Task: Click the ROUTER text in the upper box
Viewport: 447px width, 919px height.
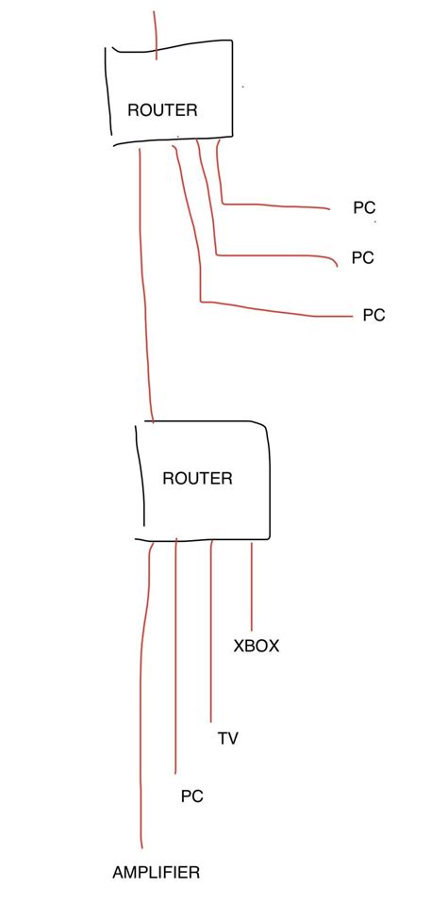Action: point(162,110)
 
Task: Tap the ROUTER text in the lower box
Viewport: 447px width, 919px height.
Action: point(197,478)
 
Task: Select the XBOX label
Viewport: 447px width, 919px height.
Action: point(257,647)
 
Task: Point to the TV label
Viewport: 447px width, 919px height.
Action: point(227,738)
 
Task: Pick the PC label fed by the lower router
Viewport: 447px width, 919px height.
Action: point(191,797)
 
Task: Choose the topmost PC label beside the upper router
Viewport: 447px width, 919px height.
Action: point(365,208)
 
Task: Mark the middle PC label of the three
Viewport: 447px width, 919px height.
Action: point(362,257)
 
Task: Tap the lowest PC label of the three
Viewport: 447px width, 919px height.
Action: point(373,316)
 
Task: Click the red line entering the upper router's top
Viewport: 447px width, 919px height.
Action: point(155,33)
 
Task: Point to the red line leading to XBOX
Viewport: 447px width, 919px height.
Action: point(252,584)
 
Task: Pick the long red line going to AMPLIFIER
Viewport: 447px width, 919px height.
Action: point(142,707)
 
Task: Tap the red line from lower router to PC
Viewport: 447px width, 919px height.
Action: point(176,660)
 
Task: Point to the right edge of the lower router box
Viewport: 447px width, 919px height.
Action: point(271,481)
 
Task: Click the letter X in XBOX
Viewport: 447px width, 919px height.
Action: point(240,647)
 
